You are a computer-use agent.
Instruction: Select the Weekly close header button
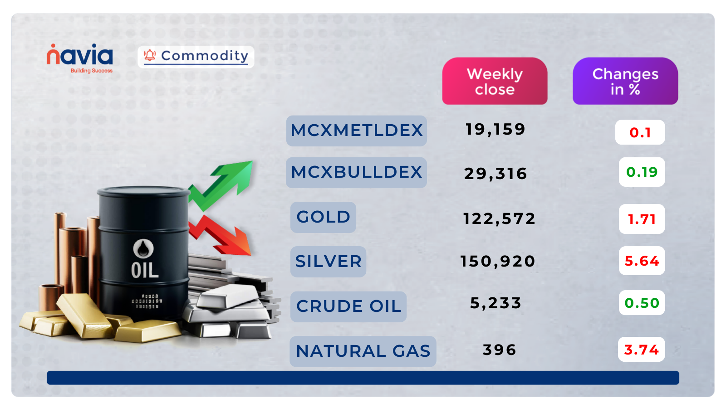pos(495,81)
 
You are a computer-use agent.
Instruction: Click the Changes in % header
pos(625,81)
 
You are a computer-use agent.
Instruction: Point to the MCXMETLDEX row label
pos(356,131)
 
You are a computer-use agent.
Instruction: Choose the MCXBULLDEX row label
pos(356,172)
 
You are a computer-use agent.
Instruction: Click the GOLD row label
pos(323,217)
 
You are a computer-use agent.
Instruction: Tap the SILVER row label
pos(328,262)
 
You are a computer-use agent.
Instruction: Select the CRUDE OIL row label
pos(348,306)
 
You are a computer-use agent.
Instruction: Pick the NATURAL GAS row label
pos(363,351)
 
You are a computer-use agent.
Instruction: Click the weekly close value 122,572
pos(499,219)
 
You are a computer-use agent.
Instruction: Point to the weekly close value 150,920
pos(498,262)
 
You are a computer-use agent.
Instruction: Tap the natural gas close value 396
pos(499,350)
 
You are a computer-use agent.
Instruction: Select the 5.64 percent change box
pos(642,261)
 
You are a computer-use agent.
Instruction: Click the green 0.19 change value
pos(642,172)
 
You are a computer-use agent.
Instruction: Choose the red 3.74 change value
pos(641,350)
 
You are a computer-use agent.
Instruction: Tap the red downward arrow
pos(220,236)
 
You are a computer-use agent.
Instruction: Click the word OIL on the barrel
pos(145,271)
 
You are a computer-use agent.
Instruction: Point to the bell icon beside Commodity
pos(150,55)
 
